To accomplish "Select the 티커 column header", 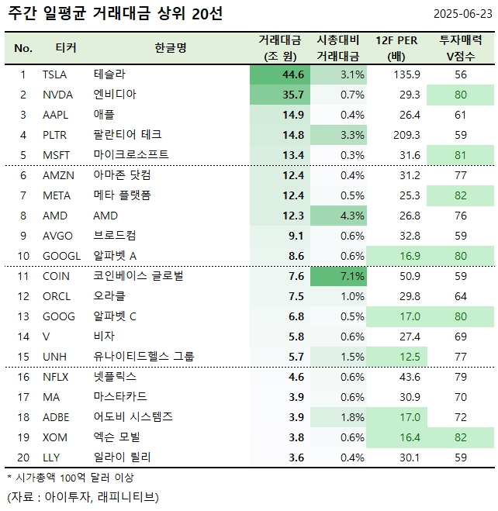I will click(x=66, y=48).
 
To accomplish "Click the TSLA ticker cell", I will click(x=55, y=74).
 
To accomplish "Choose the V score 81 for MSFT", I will click(x=462, y=155).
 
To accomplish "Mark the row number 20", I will click(x=23, y=457).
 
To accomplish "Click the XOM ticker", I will click(x=55, y=437).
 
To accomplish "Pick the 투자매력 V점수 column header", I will click(x=462, y=48).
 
